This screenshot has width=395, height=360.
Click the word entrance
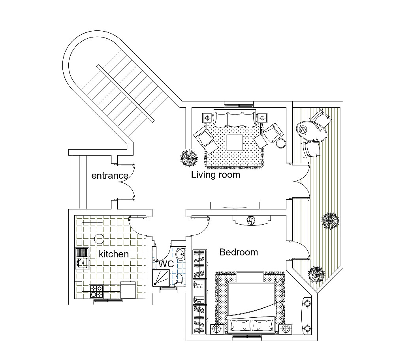(109, 176)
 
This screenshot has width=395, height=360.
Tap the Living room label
(215, 174)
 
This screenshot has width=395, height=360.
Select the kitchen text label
(114, 254)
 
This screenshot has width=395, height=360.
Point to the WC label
(166, 264)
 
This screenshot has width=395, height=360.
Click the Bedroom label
(239, 252)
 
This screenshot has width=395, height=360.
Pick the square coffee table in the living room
(235, 142)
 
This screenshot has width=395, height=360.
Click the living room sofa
(235, 118)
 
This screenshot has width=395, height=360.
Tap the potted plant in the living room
(189, 158)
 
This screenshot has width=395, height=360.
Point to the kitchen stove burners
(96, 291)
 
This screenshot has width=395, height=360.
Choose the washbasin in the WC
(180, 253)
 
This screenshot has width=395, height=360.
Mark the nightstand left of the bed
(216, 328)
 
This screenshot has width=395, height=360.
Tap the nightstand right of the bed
(285, 328)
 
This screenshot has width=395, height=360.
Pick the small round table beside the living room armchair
(280, 143)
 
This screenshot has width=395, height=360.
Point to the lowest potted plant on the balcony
(317, 273)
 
